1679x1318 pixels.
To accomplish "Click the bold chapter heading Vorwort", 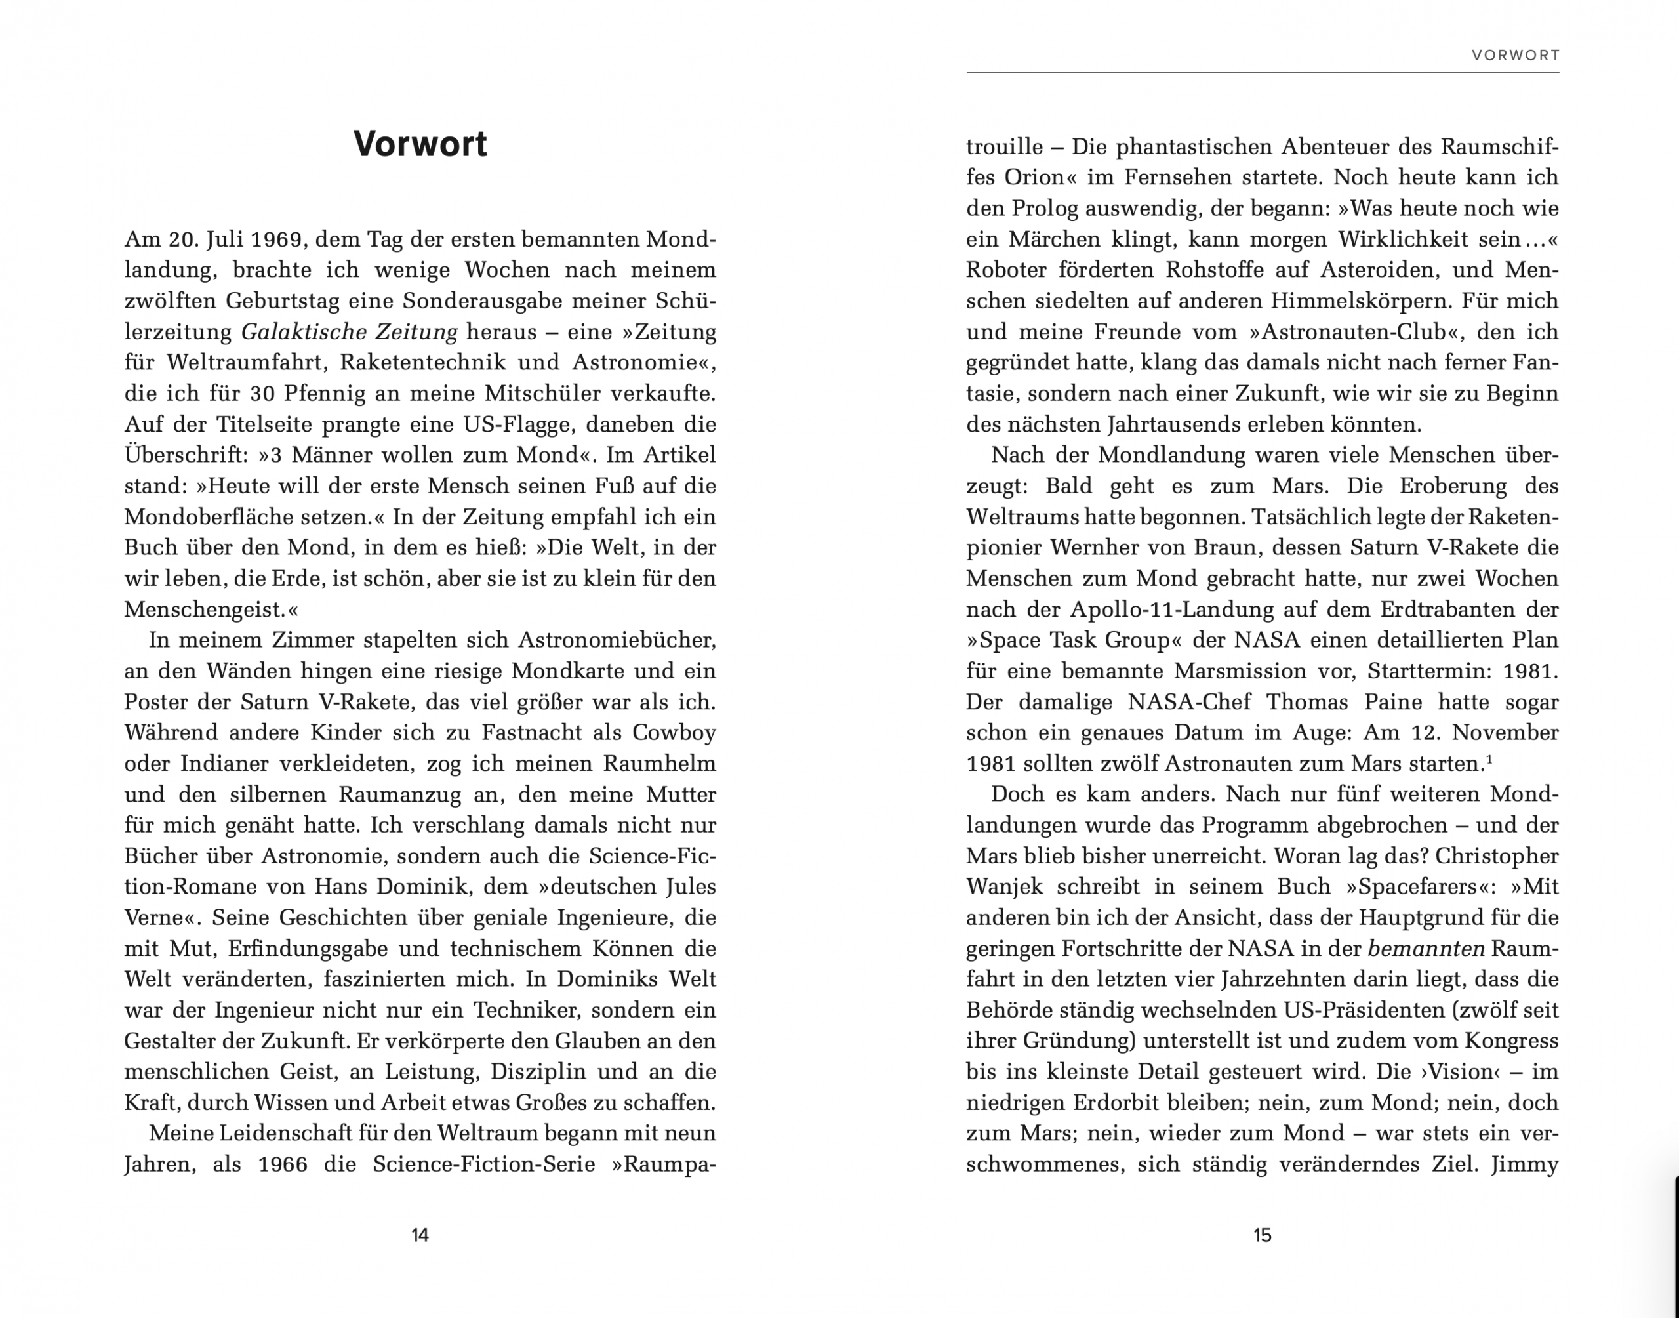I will coord(420,144).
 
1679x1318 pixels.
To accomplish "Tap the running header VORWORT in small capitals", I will coord(1516,56).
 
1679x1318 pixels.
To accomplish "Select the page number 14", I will coord(420,1235).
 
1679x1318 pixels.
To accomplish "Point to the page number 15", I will coord(1262,1235).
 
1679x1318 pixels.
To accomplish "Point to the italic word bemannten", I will coord(1425,949).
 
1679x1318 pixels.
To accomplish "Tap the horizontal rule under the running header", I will coord(1262,73).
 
